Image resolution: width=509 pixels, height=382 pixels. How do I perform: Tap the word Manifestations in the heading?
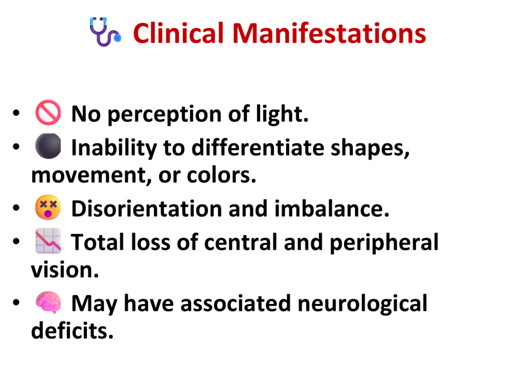pyautogui.click(x=329, y=33)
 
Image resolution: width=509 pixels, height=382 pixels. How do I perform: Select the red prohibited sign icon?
pyautogui.click(x=48, y=112)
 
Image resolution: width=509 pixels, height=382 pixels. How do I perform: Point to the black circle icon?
pyautogui.click(x=48, y=146)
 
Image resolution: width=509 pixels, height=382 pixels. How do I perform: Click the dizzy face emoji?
pyautogui.click(x=48, y=207)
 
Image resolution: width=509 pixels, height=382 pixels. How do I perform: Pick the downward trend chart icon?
pyautogui.click(x=48, y=241)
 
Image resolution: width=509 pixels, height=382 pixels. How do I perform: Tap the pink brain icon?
pyautogui.click(x=48, y=302)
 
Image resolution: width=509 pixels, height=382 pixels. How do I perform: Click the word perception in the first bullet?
pyautogui.click(x=165, y=115)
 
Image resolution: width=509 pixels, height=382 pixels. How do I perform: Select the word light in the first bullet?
pyautogui.click(x=282, y=114)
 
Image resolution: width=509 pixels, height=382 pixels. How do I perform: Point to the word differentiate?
pyautogui.click(x=258, y=147)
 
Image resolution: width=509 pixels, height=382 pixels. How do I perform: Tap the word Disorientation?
pyautogui.click(x=147, y=208)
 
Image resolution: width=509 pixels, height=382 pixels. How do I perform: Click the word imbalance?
pyautogui.click(x=332, y=208)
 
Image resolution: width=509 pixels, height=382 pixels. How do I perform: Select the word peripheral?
pyautogui.click(x=384, y=243)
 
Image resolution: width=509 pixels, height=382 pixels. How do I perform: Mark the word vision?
pyautogui.click(x=65, y=270)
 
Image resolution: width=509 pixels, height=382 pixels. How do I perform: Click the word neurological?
pyautogui.click(x=362, y=304)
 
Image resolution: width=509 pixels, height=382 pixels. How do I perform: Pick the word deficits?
pyautogui.click(x=72, y=330)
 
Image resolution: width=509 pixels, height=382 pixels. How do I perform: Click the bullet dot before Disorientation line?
pyautogui.click(x=16, y=207)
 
